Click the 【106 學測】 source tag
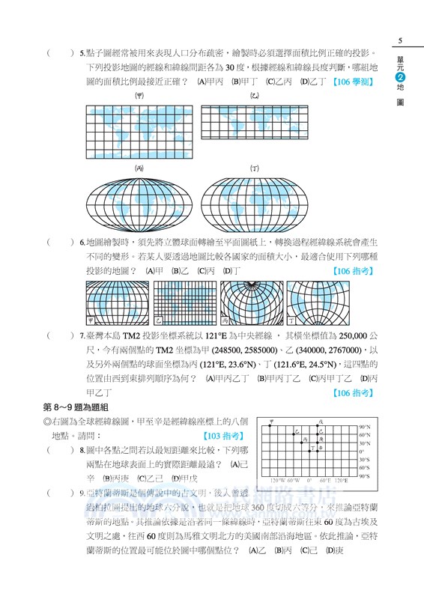(353, 82)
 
